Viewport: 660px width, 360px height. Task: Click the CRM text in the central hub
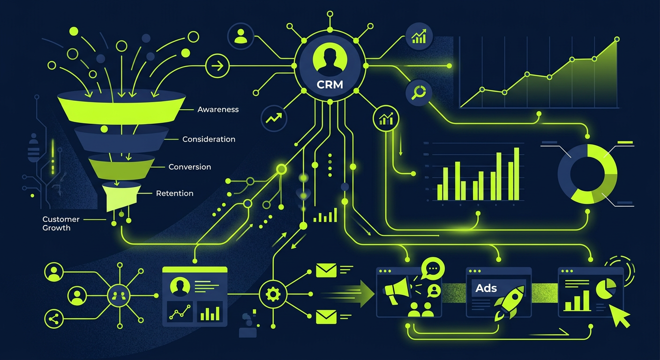(x=330, y=85)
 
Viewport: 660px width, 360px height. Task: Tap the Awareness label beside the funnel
(x=218, y=110)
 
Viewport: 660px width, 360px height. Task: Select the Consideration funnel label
(x=209, y=139)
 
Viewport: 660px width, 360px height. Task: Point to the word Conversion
(x=190, y=167)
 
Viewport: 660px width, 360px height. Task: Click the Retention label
(x=175, y=194)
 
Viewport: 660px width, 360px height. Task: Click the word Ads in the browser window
(x=486, y=288)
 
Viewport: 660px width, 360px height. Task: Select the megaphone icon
(x=397, y=290)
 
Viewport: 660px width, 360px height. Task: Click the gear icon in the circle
(x=273, y=294)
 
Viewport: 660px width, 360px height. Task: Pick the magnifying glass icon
(x=419, y=92)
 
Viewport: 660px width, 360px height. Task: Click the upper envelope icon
(x=326, y=270)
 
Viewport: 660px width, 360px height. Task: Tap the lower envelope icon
(x=326, y=317)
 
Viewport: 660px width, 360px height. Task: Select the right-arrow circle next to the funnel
(x=217, y=66)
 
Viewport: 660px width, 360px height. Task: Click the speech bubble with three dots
(x=433, y=269)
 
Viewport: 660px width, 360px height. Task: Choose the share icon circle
(x=53, y=319)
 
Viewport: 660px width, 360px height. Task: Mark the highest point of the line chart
(x=617, y=39)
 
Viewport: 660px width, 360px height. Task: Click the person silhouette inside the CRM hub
(x=330, y=60)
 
